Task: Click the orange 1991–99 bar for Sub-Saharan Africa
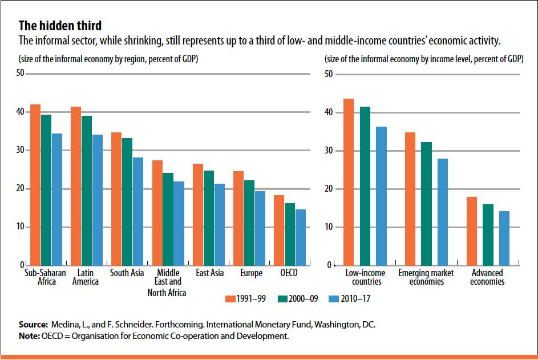tap(35, 185)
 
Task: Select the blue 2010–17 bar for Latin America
tap(98, 200)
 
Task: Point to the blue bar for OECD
tap(301, 237)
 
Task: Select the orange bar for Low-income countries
tap(349, 182)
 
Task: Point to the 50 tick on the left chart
tap(20, 73)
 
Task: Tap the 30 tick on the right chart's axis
tap(329, 151)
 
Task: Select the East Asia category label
tap(209, 273)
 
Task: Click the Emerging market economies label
tap(426, 277)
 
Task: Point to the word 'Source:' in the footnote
tap(33, 325)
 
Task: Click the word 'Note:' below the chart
tap(29, 336)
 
